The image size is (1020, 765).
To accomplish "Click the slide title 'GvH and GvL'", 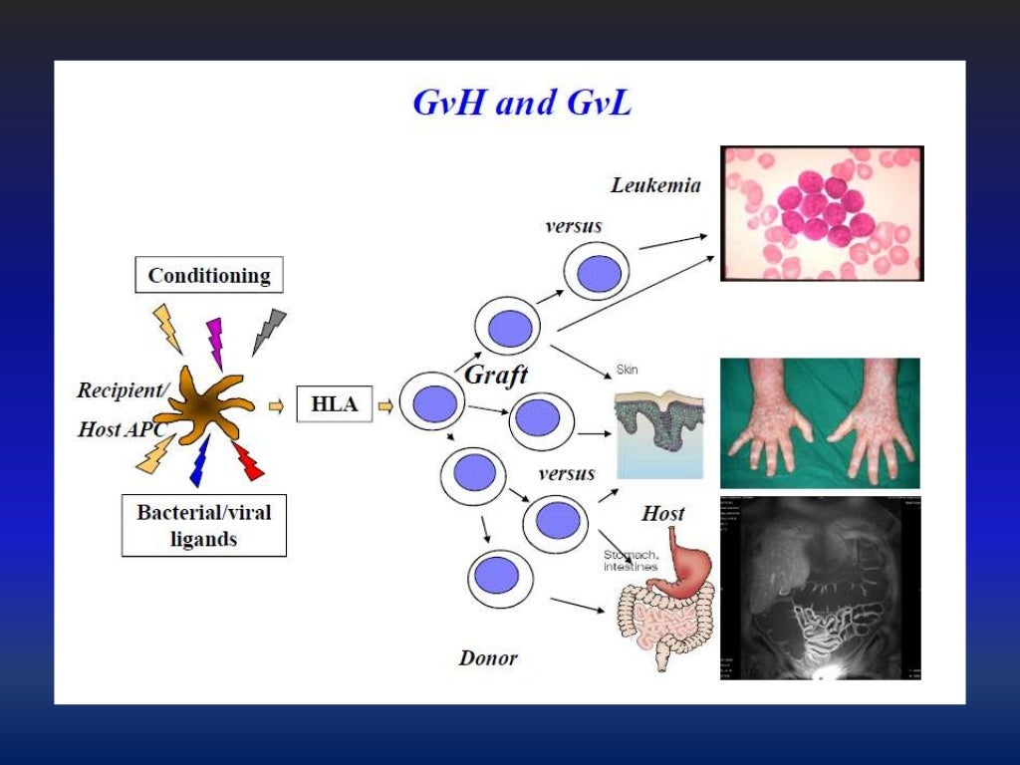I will pyautogui.click(x=521, y=104).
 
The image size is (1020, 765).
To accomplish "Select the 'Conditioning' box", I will pyautogui.click(x=208, y=275).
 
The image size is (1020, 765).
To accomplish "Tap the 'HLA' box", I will pyautogui.click(x=333, y=405).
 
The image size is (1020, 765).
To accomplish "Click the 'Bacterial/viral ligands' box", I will pyautogui.click(x=203, y=525).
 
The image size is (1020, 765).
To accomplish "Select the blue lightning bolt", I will pyautogui.click(x=199, y=461).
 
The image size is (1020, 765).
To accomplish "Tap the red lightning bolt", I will pyautogui.click(x=247, y=460).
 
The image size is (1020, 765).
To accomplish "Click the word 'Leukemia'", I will pyautogui.click(x=655, y=185).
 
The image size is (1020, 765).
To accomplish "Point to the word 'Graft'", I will pyautogui.click(x=496, y=376).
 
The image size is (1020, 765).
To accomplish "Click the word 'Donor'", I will pyautogui.click(x=488, y=657).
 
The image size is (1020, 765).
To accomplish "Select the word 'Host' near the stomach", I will pyautogui.click(x=662, y=514).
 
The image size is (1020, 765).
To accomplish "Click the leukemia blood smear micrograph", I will pyautogui.click(x=822, y=213).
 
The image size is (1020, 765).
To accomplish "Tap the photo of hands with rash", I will pyautogui.click(x=820, y=422).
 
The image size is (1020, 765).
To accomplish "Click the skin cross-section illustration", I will pyautogui.click(x=658, y=433).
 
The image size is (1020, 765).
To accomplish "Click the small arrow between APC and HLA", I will pyautogui.click(x=276, y=405).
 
